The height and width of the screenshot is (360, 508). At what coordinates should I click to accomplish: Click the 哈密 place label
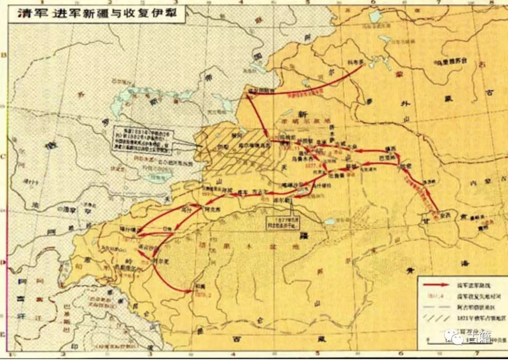click(x=405, y=166)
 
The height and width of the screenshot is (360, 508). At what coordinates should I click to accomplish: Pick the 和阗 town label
click(x=198, y=285)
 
